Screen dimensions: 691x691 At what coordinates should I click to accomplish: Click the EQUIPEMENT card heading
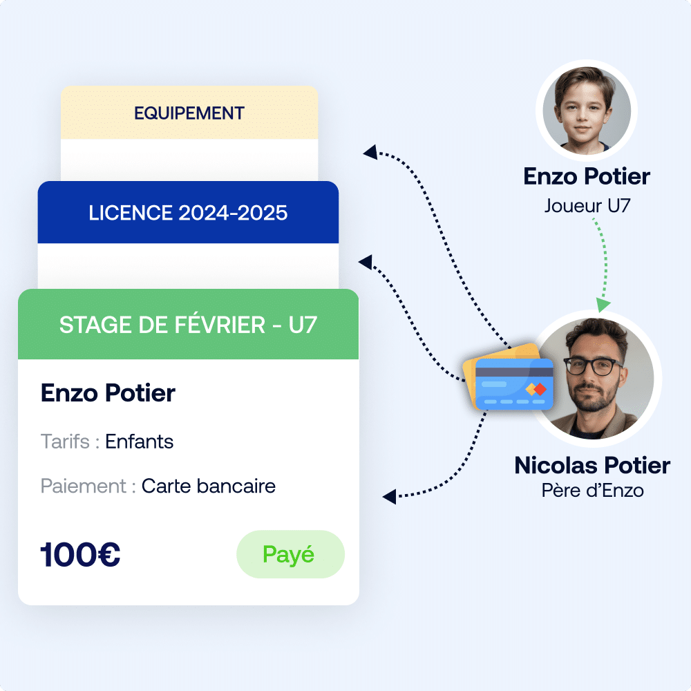pyautogui.click(x=189, y=113)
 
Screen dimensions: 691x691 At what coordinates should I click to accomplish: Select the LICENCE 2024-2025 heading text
pyautogui.click(x=188, y=213)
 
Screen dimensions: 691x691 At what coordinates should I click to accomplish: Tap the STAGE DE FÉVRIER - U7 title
pyautogui.click(x=188, y=325)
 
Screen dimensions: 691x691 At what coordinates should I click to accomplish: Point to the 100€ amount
pyautogui.click(x=80, y=554)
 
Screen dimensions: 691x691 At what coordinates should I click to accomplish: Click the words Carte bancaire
pyautogui.click(x=209, y=486)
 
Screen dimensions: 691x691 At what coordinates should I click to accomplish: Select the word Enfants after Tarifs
pyautogui.click(x=140, y=442)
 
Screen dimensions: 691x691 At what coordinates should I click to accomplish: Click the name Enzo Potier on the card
pyautogui.click(x=108, y=392)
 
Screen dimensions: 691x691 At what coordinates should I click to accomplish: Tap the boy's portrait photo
pyautogui.click(x=587, y=111)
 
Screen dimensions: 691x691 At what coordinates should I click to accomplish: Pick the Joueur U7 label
pyautogui.click(x=587, y=206)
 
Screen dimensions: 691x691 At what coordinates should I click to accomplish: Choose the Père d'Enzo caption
pyautogui.click(x=592, y=491)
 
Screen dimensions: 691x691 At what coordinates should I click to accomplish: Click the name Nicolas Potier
pyautogui.click(x=592, y=465)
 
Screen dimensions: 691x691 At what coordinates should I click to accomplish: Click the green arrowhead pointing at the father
pyautogui.click(x=603, y=305)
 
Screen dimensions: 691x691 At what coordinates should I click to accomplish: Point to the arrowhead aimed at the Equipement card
pyautogui.click(x=370, y=152)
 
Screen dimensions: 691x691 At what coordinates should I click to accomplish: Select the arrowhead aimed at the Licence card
pyautogui.click(x=366, y=262)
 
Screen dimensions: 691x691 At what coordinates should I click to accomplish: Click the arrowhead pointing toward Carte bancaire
pyautogui.click(x=390, y=497)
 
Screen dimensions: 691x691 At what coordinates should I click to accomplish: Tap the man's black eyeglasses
pyautogui.click(x=594, y=366)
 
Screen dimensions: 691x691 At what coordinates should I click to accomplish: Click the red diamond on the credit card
pyautogui.click(x=540, y=389)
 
